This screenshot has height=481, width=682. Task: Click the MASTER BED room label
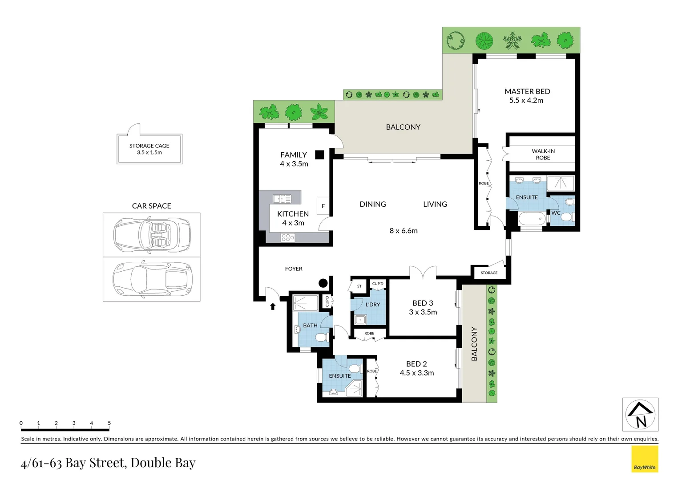pyautogui.click(x=527, y=91)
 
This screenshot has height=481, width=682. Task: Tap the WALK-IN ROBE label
pyautogui.click(x=543, y=155)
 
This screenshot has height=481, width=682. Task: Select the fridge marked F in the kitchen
pyautogui.click(x=323, y=206)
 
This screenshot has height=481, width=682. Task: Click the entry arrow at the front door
pyautogui.click(x=273, y=306)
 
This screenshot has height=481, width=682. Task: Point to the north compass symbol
pyautogui.click(x=640, y=415)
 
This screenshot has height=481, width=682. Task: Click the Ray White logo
pyautogui.click(x=645, y=459)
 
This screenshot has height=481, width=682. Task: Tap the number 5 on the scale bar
pyautogui.click(x=109, y=423)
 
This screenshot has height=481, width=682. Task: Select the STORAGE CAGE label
pyautogui.click(x=149, y=146)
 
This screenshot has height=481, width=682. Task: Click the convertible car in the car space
pyautogui.click(x=152, y=235)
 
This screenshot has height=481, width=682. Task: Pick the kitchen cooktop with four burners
pyautogui.click(x=288, y=238)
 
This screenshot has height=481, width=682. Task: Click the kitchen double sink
pyautogui.click(x=282, y=199)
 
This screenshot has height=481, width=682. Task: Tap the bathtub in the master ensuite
pyautogui.click(x=531, y=219)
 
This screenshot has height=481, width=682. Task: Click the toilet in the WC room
pyautogui.click(x=566, y=217)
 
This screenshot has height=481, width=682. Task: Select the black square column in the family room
pyautogui.click(x=319, y=155)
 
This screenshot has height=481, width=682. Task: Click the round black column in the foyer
pyautogui.click(x=323, y=283)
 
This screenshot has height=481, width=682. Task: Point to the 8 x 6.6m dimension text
pyautogui.click(x=404, y=231)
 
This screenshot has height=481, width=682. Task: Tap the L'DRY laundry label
pyautogui.click(x=373, y=305)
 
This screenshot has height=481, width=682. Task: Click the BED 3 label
pyautogui.click(x=423, y=303)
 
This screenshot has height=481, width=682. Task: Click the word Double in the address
pyautogui.click(x=151, y=463)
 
